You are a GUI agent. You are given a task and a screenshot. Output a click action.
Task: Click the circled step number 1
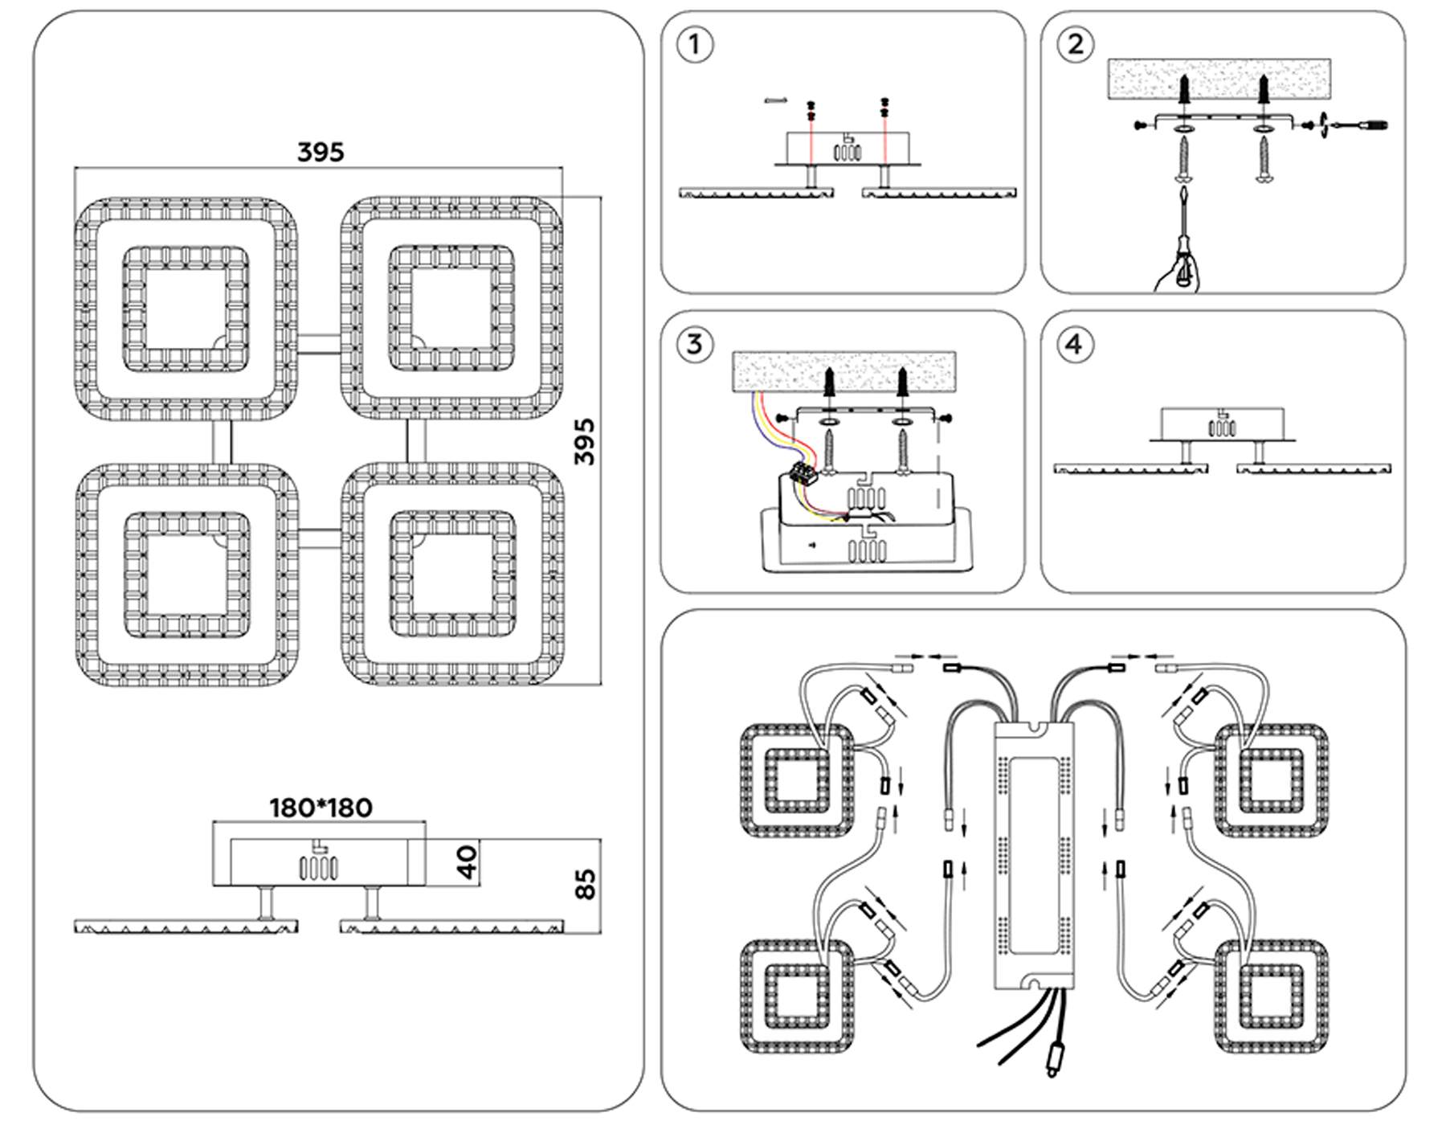[x=695, y=45]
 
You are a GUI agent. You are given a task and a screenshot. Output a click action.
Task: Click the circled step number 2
[x=1075, y=45]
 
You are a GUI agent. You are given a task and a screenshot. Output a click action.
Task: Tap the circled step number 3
[x=695, y=345]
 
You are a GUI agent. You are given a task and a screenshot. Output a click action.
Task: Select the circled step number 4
[x=1075, y=345]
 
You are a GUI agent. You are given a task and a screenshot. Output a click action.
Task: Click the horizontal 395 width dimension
[x=321, y=153]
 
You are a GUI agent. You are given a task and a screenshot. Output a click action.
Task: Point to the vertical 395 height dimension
[x=586, y=441]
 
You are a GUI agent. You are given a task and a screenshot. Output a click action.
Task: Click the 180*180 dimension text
[x=321, y=808]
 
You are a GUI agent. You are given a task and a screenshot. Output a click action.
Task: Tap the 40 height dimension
[x=467, y=861]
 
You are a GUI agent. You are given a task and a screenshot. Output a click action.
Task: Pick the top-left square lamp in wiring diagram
[x=795, y=780]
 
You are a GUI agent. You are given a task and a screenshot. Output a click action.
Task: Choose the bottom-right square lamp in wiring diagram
[x=1271, y=996]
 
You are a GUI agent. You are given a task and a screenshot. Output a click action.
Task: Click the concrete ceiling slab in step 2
[x=1219, y=79]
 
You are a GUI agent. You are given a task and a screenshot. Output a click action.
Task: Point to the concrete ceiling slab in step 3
[x=844, y=370]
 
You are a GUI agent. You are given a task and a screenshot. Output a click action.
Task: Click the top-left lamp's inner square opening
[x=186, y=309]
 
